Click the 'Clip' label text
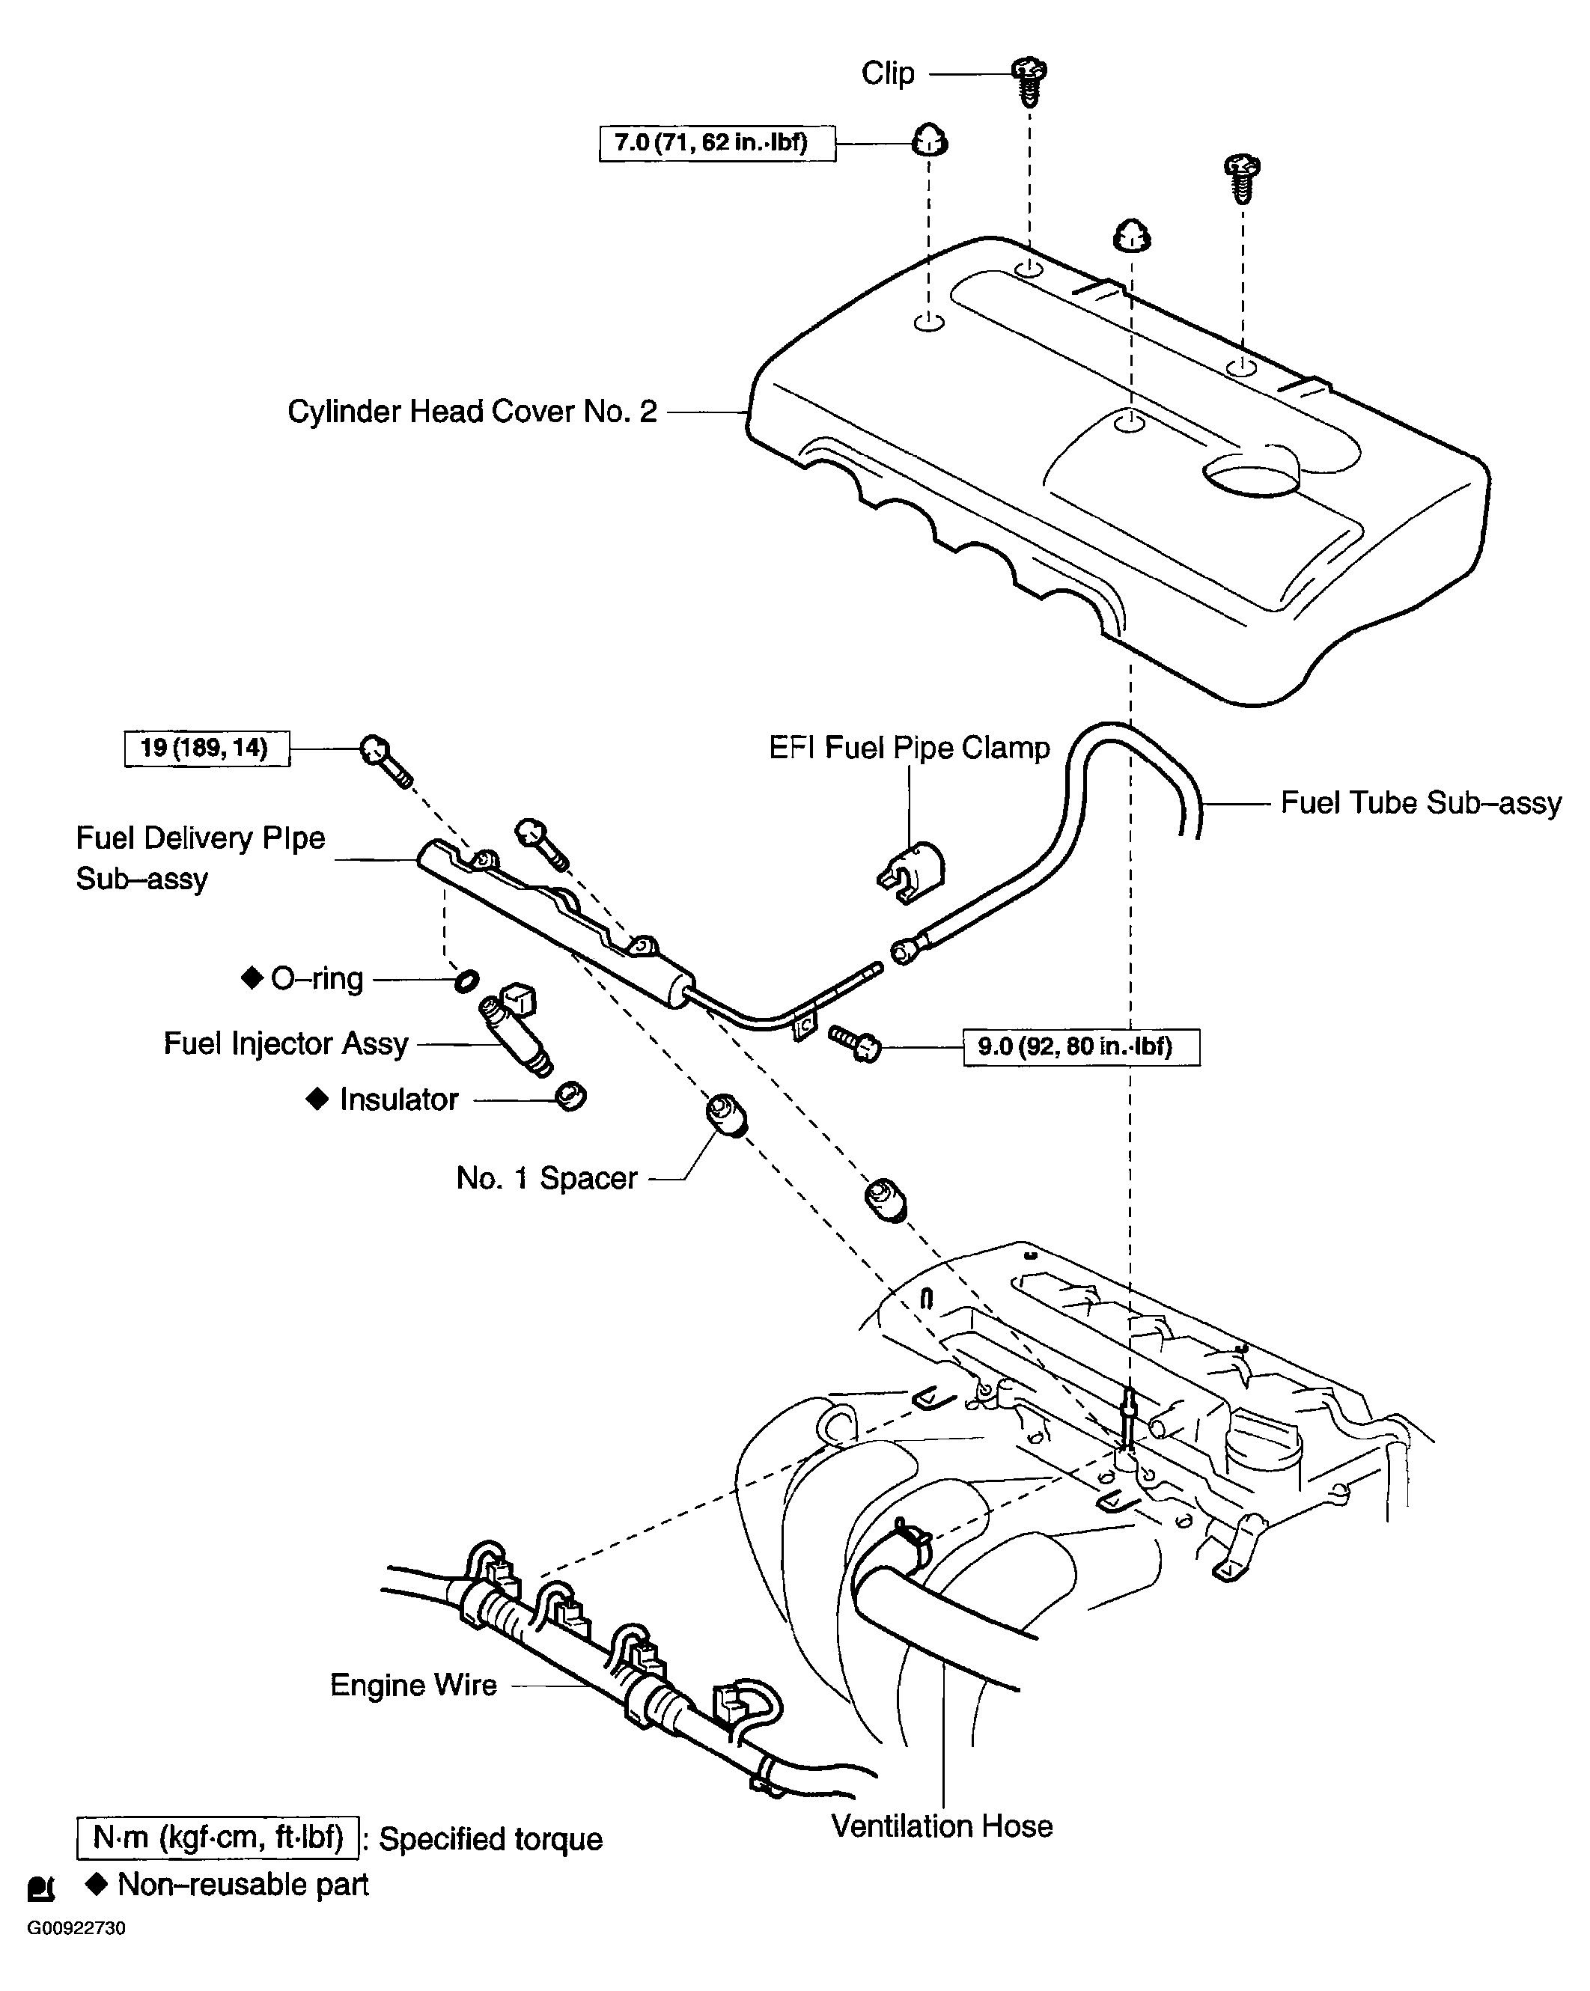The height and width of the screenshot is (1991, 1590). (x=887, y=73)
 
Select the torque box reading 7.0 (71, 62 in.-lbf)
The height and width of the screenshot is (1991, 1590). (x=716, y=143)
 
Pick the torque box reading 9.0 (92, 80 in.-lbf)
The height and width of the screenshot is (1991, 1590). (x=1080, y=1047)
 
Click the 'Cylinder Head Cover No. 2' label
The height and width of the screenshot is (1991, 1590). (x=472, y=412)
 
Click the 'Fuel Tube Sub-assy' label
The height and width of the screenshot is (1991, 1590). (x=1420, y=802)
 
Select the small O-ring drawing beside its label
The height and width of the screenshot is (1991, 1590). (x=466, y=980)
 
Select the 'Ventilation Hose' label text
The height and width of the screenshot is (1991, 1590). (x=941, y=1826)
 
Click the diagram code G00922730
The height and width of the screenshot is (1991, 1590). (x=76, y=1928)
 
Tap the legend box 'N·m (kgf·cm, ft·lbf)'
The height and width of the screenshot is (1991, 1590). (x=217, y=1838)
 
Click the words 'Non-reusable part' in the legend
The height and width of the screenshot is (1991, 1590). (x=242, y=1884)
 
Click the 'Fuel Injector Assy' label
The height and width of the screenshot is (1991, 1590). (x=285, y=1043)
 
